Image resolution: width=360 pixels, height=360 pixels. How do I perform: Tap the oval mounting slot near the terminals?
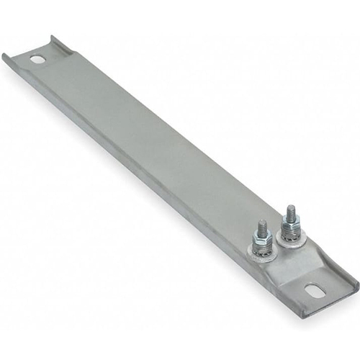coord(315,290)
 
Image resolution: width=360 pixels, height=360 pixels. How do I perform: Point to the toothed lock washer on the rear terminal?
coord(292,231)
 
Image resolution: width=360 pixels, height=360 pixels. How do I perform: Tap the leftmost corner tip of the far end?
coord(3,55)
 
